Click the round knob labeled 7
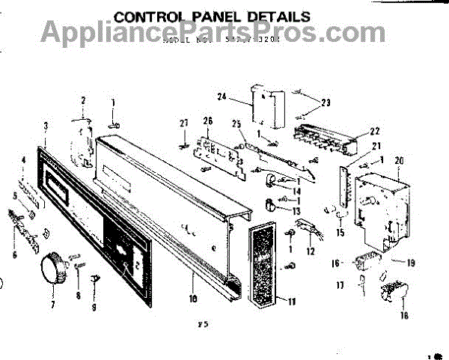point(50,267)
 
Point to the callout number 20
point(398,159)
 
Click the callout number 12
point(310,251)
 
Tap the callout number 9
point(94,307)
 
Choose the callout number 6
point(14,254)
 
